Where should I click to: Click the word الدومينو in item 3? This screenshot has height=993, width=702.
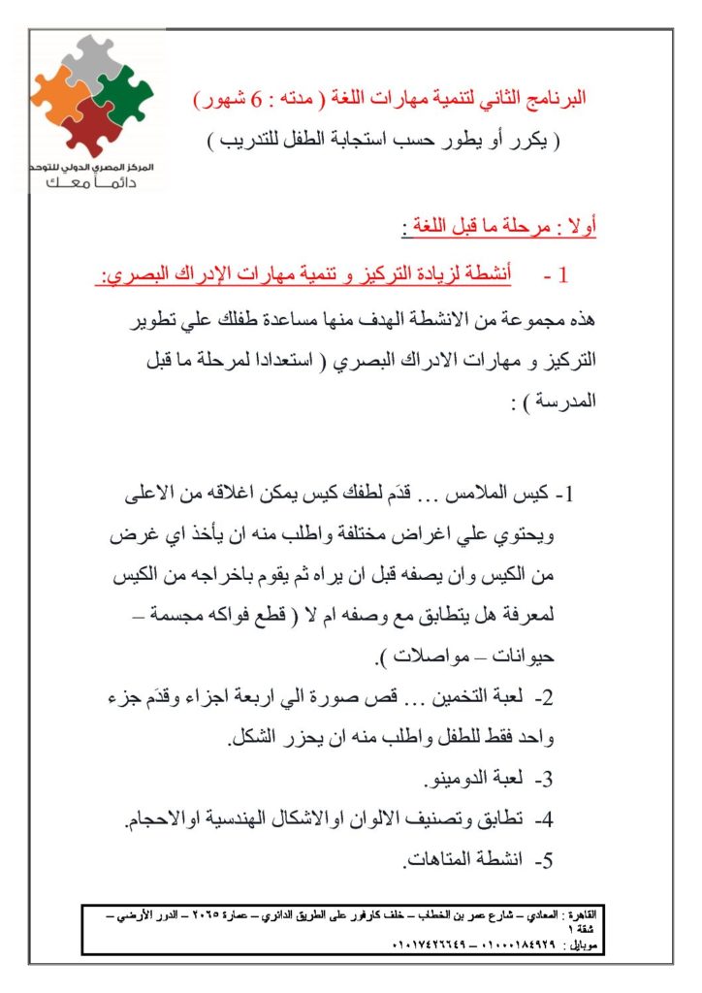point(461,778)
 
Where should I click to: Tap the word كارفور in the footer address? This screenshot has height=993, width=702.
point(351,914)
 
